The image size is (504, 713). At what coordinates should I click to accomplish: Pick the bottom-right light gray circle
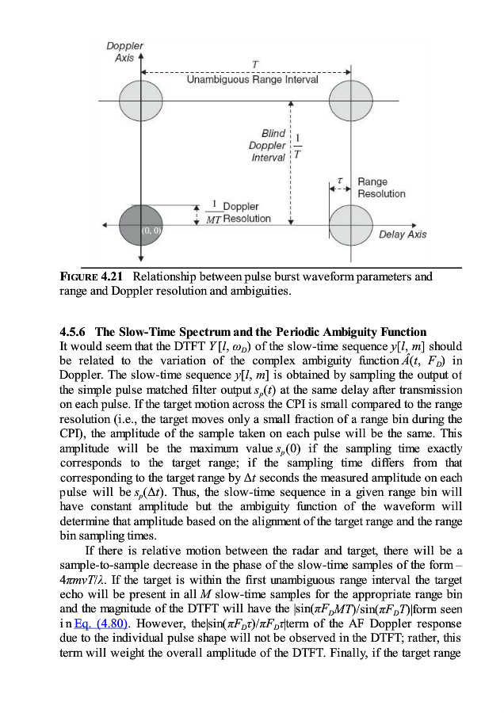pyautogui.click(x=349, y=225)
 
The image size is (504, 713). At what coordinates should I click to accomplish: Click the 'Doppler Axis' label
pyautogui.click(x=125, y=52)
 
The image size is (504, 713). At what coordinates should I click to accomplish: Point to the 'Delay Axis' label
pyautogui.click(x=403, y=234)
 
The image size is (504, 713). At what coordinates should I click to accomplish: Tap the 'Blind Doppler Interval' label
pyautogui.click(x=267, y=146)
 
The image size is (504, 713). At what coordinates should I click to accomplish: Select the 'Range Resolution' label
pyautogui.click(x=381, y=188)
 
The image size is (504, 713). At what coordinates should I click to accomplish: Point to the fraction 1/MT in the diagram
pyautogui.click(x=213, y=212)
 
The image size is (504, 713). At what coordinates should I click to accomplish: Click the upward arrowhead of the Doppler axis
pyautogui.click(x=141, y=58)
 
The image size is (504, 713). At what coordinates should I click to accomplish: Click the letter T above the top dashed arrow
pyautogui.click(x=254, y=63)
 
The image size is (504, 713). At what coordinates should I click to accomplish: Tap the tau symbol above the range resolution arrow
pyautogui.click(x=339, y=181)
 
